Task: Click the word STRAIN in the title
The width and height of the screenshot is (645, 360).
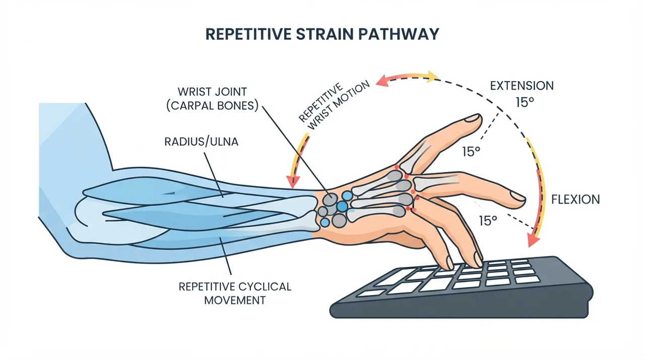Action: [325, 34]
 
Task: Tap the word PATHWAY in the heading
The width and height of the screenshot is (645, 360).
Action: [399, 34]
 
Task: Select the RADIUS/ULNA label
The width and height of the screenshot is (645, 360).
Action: [201, 142]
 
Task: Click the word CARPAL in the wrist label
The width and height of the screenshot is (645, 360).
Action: [195, 106]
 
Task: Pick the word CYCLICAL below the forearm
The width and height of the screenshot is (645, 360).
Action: [263, 286]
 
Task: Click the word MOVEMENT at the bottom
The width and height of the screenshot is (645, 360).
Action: [235, 301]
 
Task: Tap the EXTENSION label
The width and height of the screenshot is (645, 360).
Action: [522, 86]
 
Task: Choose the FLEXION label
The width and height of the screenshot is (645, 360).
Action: [575, 199]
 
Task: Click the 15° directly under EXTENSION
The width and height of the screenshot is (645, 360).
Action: [525, 102]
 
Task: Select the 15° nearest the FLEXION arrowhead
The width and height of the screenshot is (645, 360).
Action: [488, 221]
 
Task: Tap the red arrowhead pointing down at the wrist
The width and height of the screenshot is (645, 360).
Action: [293, 182]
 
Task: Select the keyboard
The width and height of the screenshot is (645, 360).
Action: [461, 287]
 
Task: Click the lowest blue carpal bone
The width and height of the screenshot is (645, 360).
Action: [325, 222]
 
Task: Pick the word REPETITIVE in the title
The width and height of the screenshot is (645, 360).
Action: [248, 34]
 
